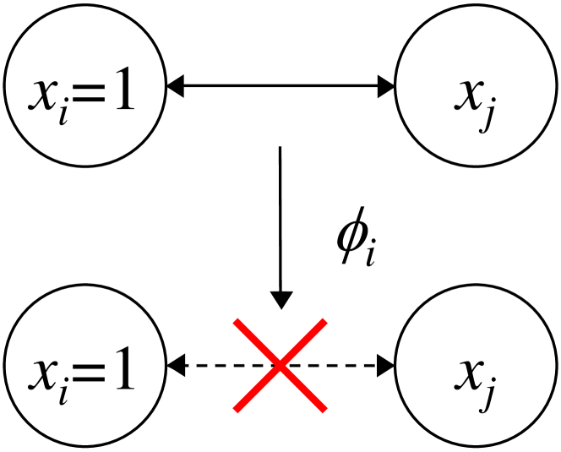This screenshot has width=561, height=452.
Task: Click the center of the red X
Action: pos(280,366)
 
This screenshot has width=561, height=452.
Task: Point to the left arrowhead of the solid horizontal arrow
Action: pos(175,84)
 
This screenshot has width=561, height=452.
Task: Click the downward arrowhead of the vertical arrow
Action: pos(280,299)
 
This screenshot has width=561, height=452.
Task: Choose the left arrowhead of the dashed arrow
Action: pos(175,366)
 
